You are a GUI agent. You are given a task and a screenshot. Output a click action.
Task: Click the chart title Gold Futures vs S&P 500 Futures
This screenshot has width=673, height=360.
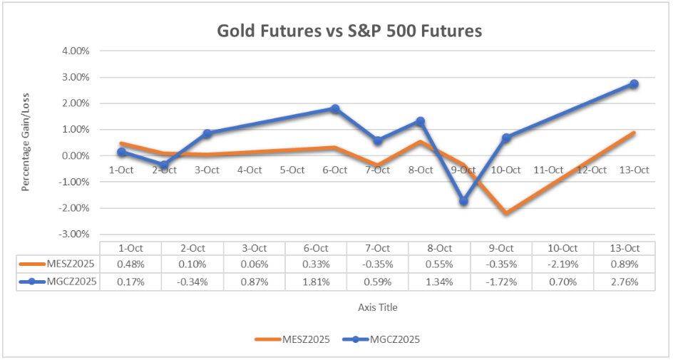click(349, 31)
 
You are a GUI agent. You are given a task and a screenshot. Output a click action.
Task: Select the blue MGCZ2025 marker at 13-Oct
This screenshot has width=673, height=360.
click(634, 84)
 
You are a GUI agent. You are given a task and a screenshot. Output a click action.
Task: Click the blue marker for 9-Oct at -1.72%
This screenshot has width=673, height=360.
click(463, 201)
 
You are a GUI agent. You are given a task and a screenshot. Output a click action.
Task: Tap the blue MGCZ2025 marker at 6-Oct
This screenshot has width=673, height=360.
click(334, 109)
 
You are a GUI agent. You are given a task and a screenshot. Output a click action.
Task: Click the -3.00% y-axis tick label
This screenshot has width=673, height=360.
click(74, 234)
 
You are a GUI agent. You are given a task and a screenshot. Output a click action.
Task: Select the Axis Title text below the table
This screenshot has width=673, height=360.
click(378, 307)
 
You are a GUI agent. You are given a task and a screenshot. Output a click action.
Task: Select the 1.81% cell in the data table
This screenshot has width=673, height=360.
click(316, 282)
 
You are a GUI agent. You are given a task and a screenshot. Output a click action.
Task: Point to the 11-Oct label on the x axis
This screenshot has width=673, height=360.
click(549, 170)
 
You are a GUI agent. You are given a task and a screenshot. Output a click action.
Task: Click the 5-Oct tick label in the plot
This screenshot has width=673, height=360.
click(292, 170)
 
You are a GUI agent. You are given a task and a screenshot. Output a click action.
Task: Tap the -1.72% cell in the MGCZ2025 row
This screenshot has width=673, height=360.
click(501, 282)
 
